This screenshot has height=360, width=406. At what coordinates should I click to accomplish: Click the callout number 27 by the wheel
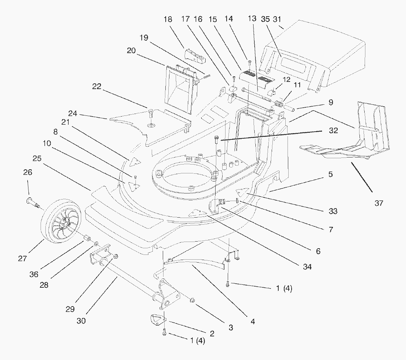tap(22, 259)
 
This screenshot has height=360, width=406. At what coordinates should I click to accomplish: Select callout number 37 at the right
tap(379, 203)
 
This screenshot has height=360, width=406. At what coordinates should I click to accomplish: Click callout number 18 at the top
tap(168, 19)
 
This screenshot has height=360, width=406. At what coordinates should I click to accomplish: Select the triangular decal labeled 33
tap(244, 192)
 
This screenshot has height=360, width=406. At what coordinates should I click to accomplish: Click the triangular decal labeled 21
tap(135, 161)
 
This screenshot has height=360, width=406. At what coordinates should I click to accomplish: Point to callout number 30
tap(81, 321)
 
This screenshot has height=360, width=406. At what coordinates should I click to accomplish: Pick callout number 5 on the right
tap(331, 174)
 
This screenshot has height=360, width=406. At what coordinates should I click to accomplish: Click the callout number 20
tap(131, 51)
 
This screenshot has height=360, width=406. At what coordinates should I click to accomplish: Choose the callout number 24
tap(72, 113)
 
